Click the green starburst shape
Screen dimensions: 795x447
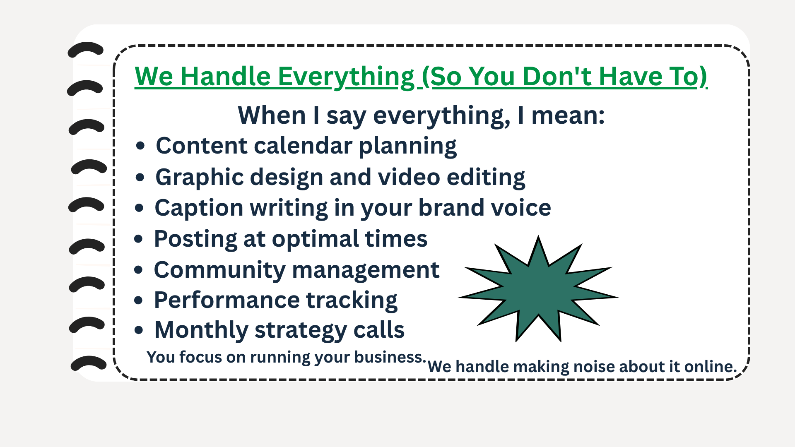point(538,289)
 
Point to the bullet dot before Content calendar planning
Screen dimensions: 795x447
point(140,146)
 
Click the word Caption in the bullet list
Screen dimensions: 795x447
point(199,208)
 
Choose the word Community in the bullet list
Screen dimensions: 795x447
point(220,270)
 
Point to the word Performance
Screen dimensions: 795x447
point(227,300)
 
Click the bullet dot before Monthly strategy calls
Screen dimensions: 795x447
point(139,330)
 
